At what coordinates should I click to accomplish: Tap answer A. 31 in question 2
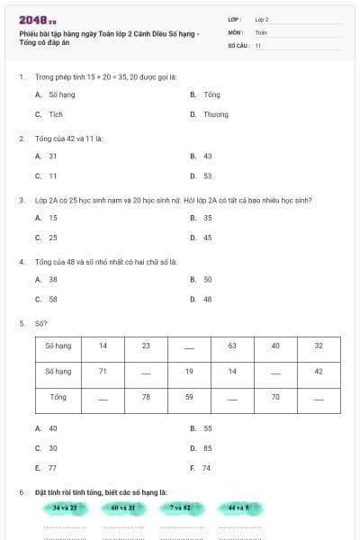click(47, 156)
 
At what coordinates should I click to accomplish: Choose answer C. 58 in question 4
click(47, 299)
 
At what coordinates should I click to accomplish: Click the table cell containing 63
click(232, 346)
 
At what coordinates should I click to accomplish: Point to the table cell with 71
click(103, 371)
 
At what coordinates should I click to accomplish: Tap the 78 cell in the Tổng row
click(146, 396)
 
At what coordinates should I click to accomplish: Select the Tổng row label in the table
click(58, 396)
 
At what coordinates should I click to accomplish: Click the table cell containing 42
click(319, 371)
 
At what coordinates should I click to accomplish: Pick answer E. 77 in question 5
click(47, 468)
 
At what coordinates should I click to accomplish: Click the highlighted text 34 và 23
click(64, 508)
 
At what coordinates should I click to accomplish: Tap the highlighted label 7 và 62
click(180, 508)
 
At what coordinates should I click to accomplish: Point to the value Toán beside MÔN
click(261, 31)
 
